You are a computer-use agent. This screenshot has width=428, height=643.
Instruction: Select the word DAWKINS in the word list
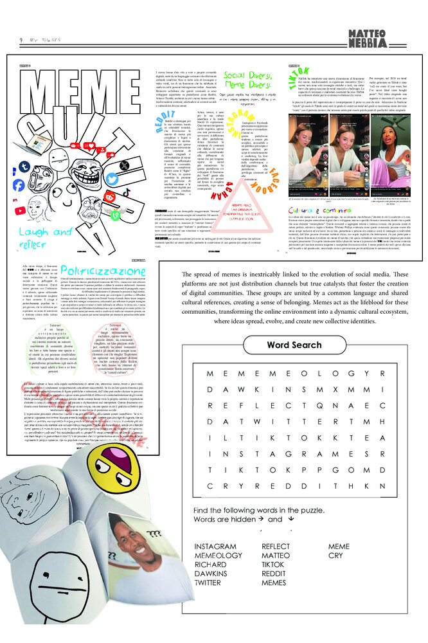pyautogui.click(x=212, y=574)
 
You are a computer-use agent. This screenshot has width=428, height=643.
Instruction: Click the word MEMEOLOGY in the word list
pyautogui.click(x=218, y=556)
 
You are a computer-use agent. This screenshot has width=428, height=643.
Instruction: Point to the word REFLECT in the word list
pyautogui.click(x=276, y=547)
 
